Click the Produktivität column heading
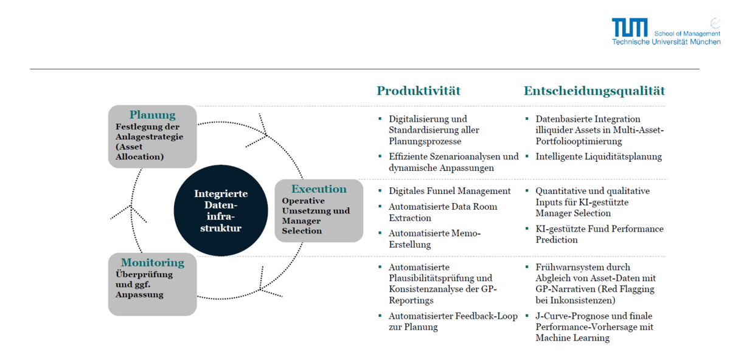point(419,91)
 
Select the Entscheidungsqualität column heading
point(594,91)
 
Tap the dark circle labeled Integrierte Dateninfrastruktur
point(221,211)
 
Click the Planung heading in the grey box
point(152,115)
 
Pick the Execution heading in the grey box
point(319,189)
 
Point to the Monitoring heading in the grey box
point(152,263)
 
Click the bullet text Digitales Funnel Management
point(450,191)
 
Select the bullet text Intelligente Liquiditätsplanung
point(599,156)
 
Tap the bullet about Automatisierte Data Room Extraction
point(442,212)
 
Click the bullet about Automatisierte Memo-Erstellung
point(434,239)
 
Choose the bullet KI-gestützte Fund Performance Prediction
point(599,234)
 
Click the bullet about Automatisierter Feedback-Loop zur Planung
point(453,322)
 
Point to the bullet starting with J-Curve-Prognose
point(594,327)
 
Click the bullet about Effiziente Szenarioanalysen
point(453,162)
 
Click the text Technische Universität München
point(666,42)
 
